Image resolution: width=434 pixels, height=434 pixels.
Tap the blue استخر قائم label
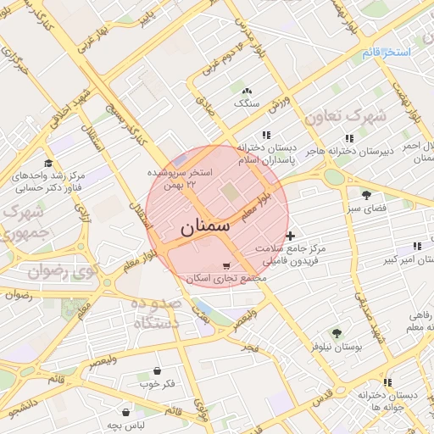(x=387, y=53)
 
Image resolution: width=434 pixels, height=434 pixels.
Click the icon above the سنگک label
(x=247, y=91)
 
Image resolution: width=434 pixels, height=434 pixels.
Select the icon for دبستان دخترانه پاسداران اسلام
(x=266, y=135)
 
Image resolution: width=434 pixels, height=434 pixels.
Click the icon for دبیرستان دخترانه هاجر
(x=348, y=138)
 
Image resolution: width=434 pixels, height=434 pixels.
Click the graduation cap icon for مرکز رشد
(x=47, y=164)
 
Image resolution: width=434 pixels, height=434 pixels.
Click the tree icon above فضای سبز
(x=366, y=194)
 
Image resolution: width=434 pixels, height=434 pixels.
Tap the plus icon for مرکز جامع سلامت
(x=291, y=236)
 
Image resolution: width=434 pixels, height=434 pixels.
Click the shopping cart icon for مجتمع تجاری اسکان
(x=225, y=265)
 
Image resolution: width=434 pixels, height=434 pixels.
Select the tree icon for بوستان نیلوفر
(x=337, y=332)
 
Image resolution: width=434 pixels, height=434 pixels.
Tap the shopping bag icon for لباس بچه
(x=125, y=411)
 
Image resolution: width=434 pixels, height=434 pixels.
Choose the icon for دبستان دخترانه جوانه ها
(x=387, y=382)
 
